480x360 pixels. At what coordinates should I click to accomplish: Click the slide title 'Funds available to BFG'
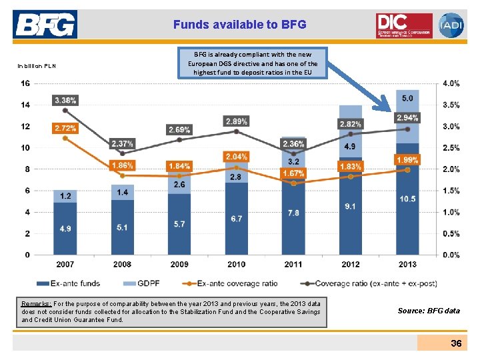coord(239,25)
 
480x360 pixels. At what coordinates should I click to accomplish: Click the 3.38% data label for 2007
coord(65,100)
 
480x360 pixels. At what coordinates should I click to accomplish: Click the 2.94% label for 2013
coord(407,118)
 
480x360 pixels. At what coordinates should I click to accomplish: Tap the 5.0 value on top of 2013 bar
coord(407,98)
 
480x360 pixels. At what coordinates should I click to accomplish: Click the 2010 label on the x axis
coord(236,265)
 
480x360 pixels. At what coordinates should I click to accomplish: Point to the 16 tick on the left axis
coord(25,83)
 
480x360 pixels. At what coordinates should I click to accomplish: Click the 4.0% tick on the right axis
coord(451,83)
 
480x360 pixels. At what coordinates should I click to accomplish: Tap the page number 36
coord(455,343)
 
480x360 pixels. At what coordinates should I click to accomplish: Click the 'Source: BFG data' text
coord(429,311)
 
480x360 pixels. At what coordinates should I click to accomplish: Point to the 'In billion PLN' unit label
coord(37,65)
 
